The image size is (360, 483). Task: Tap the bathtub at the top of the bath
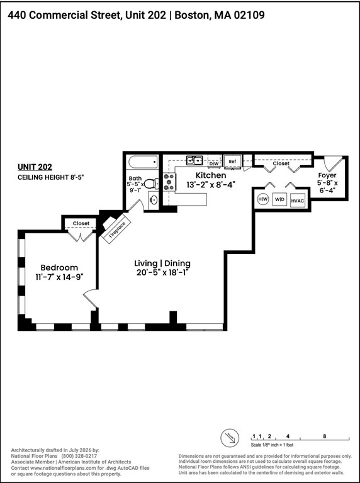(x=143, y=162)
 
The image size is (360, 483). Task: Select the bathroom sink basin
(x=153, y=199)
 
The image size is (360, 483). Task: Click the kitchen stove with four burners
(x=169, y=182)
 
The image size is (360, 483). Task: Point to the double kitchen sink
(x=194, y=160)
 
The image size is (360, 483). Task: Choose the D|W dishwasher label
(x=214, y=164)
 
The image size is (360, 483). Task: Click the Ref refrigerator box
(x=232, y=161)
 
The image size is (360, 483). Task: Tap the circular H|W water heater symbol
(x=263, y=199)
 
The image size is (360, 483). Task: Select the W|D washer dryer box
(x=280, y=199)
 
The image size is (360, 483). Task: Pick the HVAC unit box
(x=298, y=201)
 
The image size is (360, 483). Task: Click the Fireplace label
(x=117, y=230)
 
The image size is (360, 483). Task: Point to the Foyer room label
(x=327, y=175)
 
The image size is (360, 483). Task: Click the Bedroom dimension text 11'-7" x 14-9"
(x=60, y=276)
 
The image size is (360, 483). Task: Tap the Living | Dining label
(x=162, y=264)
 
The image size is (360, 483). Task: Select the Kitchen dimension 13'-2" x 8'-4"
(x=211, y=184)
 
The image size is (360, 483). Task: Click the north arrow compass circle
(x=230, y=438)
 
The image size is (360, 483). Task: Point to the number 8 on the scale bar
(x=325, y=436)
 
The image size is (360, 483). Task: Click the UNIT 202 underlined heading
(x=35, y=167)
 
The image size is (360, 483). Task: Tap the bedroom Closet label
(x=81, y=223)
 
